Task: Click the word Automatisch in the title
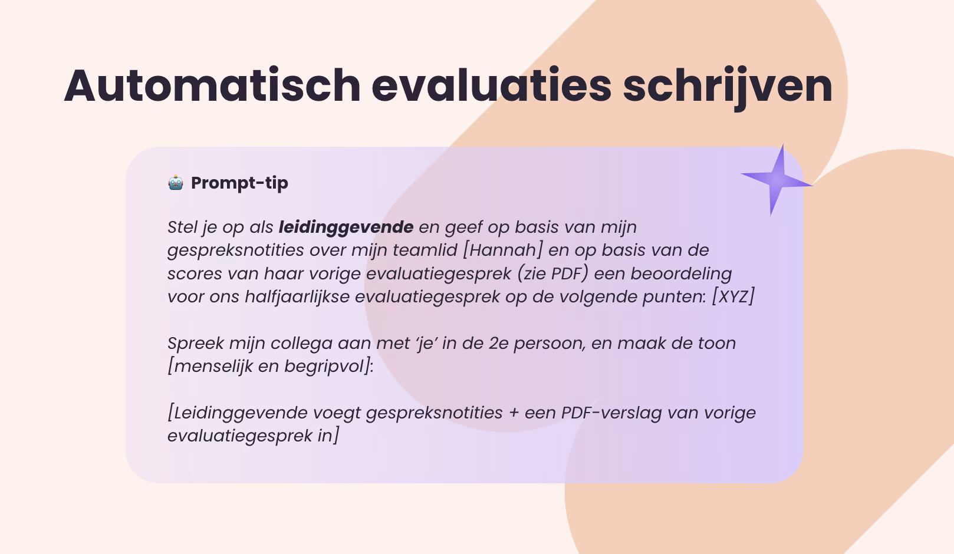pos(212,85)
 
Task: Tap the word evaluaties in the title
pos(492,85)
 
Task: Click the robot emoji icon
pos(176,183)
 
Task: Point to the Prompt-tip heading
pos(239,183)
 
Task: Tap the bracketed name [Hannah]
pos(502,250)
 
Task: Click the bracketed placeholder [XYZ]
pos(733,297)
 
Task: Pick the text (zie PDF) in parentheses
pos(552,273)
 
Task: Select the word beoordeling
pos(681,274)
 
